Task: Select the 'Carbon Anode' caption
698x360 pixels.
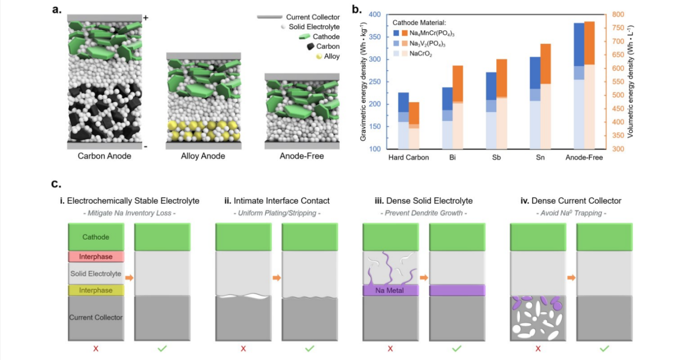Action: click(104, 156)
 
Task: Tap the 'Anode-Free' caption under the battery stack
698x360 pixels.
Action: click(301, 156)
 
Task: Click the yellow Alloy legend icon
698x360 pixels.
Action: click(305, 57)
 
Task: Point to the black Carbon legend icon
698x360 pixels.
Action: click(305, 47)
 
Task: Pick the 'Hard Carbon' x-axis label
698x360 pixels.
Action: click(409, 157)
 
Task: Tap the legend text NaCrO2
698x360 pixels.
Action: click(421, 54)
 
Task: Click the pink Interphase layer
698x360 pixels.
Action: click(96, 257)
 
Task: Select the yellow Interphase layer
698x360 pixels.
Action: click(96, 290)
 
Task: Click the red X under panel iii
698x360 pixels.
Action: click(390, 348)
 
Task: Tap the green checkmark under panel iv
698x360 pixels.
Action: click(604, 348)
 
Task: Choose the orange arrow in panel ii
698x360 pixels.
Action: click(277, 278)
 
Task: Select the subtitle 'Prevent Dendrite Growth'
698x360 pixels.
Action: click(424, 213)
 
